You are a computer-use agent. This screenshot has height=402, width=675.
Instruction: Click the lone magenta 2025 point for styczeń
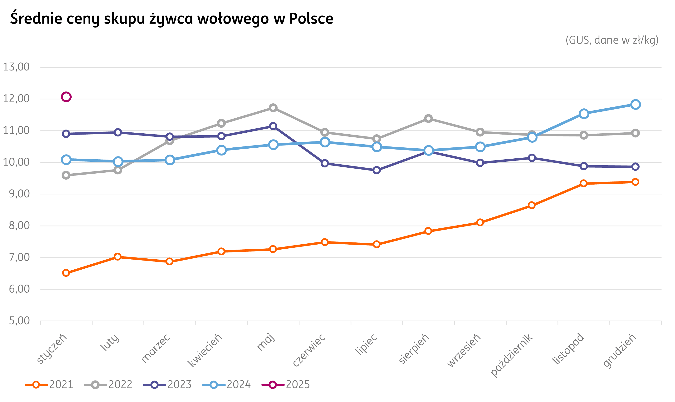[66, 97]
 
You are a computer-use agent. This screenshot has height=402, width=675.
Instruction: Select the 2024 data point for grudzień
[635, 104]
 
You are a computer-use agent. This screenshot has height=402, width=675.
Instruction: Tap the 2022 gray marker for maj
[273, 108]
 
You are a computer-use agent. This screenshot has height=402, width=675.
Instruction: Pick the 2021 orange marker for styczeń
[66, 273]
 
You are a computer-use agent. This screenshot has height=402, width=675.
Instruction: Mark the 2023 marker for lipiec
[376, 170]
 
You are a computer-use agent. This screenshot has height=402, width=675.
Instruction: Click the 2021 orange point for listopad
[584, 183]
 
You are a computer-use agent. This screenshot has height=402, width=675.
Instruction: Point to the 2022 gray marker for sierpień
[428, 118]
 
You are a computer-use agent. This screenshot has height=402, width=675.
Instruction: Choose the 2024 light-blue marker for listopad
[584, 114]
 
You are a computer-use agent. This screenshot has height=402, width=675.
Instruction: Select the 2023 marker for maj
[273, 126]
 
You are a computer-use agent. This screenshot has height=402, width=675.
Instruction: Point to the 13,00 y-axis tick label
[16, 67]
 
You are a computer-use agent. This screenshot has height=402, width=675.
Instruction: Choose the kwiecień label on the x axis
[205, 350]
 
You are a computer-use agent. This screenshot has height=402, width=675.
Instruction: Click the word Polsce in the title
[311, 19]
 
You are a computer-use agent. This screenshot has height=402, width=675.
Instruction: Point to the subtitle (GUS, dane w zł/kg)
[612, 40]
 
